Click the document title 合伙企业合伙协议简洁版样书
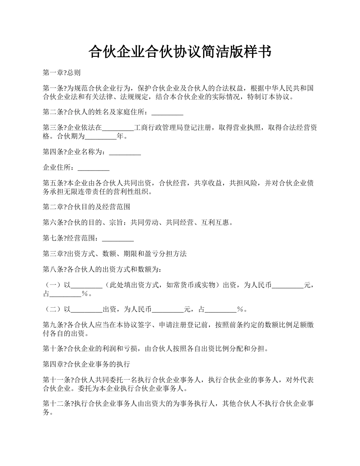180,52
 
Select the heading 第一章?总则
61,73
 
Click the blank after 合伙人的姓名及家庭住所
167,113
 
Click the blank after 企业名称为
125,153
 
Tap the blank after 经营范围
118,239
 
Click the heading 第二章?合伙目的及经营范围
87,207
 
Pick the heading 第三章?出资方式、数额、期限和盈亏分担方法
114,254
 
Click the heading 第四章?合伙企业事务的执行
87,364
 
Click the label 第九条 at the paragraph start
53,325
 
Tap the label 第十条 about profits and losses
53,349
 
